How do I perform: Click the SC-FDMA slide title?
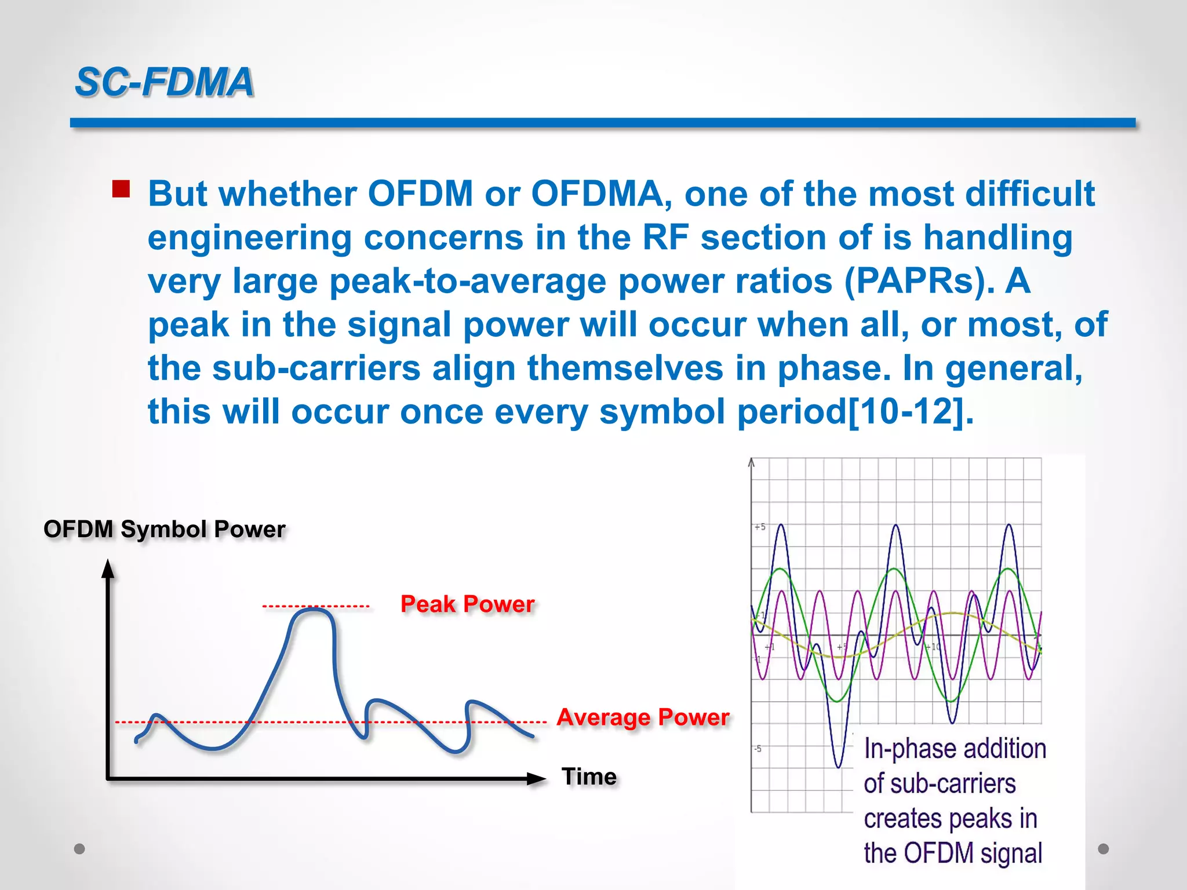(x=165, y=82)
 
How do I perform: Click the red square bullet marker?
(x=121, y=189)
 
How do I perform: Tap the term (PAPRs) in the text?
(x=919, y=281)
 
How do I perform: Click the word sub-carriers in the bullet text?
(x=316, y=368)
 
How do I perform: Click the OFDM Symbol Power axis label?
(x=165, y=529)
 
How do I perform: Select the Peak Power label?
(x=467, y=604)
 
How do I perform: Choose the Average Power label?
(x=642, y=717)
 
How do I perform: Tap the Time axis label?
(x=589, y=776)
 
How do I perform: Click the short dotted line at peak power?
(x=316, y=607)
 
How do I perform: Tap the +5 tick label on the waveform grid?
(x=760, y=527)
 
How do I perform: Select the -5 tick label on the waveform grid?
(x=758, y=749)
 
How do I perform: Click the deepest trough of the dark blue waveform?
(x=838, y=766)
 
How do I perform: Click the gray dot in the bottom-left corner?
(x=80, y=849)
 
